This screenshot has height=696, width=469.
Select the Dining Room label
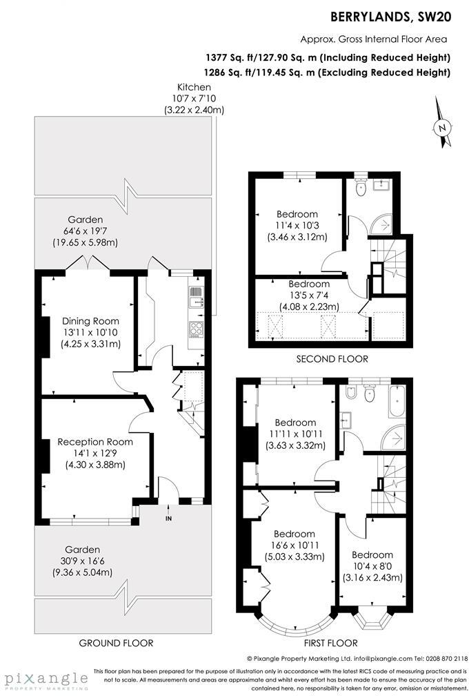90,321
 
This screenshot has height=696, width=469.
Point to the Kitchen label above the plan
194,87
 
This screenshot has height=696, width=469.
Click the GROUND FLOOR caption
116,643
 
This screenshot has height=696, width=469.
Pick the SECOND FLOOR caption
332,359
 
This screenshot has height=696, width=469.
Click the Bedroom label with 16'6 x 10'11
295,534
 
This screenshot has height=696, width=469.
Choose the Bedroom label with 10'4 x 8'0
372,554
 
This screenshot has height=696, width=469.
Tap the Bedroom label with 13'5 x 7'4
308,284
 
